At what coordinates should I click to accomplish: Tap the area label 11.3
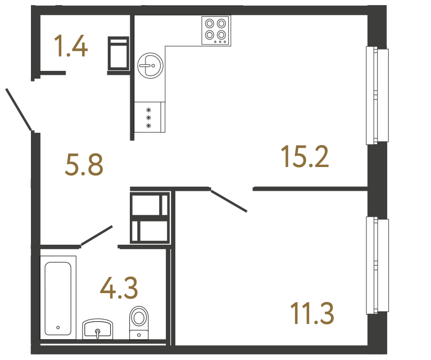[x=312, y=313]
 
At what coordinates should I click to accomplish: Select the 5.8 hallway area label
[x=84, y=165]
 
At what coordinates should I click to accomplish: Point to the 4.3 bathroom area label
[x=119, y=288]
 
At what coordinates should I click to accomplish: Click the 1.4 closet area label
[x=71, y=46]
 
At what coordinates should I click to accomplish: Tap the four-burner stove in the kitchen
[x=216, y=30]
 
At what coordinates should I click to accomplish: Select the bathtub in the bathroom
[x=58, y=298]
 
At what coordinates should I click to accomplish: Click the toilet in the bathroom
[x=139, y=322]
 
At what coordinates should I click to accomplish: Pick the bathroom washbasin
[x=98, y=329]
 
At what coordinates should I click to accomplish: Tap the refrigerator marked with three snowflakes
[x=149, y=117]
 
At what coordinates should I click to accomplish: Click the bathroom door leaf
[x=97, y=236]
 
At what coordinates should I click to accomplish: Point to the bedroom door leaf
[x=229, y=201]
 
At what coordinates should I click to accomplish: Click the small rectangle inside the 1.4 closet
[x=118, y=54]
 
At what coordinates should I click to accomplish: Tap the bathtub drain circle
[x=58, y=327]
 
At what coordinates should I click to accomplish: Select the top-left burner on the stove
[x=210, y=24]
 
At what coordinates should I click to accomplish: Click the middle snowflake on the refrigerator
[x=149, y=117]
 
